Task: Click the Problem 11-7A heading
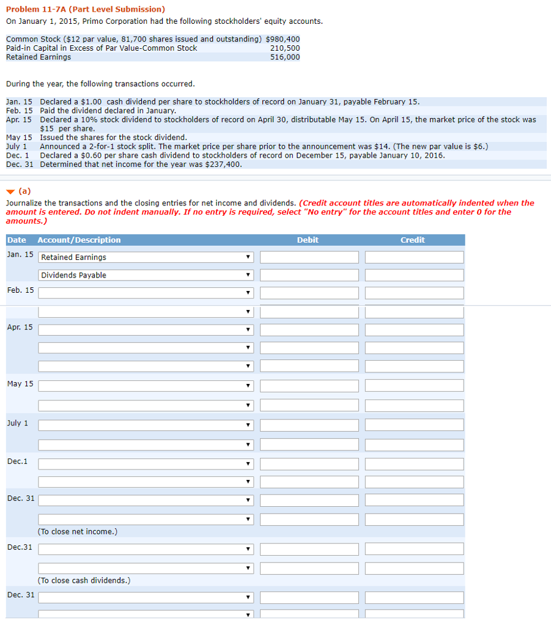[x=86, y=9]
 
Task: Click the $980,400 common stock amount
[x=283, y=39]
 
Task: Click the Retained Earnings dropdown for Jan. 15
[x=146, y=257]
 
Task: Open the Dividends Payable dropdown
[x=146, y=275]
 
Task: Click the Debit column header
[x=308, y=240]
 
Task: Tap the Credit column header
[x=412, y=240]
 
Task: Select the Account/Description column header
[x=79, y=240]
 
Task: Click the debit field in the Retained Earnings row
[x=309, y=257]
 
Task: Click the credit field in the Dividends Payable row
[x=414, y=275]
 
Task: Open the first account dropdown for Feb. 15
[x=146, y=293]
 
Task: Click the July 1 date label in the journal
[x=18, y=423]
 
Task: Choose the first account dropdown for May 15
[x=146, y=386]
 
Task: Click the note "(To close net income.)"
[x=78, y=532]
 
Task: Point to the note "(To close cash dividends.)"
[x=84, y=580]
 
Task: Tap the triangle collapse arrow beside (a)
[x=10, y=191]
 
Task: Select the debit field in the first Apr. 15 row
[x=309, y=330]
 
